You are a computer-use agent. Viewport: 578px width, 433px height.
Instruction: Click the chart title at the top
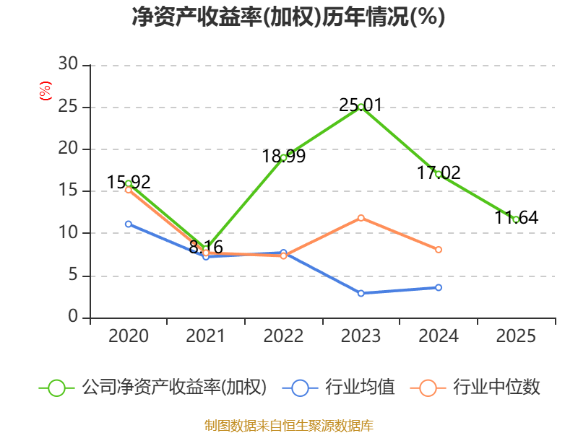(x=288, y=17)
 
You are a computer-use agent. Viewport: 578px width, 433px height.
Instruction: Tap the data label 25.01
(x=361, y=105)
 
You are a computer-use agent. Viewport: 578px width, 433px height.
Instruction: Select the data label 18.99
(x=283, y=156)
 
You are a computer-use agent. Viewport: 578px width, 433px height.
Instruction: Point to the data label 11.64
(x=516, y=217)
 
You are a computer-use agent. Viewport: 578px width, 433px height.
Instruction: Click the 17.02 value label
(x=439, y=172)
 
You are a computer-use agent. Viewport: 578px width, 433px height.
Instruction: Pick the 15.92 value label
(x=129, y=183)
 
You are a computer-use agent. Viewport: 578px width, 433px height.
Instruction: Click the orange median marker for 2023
(x=361, y=219)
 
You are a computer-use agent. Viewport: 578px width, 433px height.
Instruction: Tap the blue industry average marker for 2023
(x=361, y=293)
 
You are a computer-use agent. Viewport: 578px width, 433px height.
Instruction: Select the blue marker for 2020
(x=129, y=224)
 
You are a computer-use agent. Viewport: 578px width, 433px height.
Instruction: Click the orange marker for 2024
(x=439, y=250)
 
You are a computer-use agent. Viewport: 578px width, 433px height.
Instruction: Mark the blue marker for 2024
(x=439, y=287)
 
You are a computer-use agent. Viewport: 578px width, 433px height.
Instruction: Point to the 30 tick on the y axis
(x=68, y=64)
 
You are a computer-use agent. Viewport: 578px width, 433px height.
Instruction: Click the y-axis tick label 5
(x=73, y=275)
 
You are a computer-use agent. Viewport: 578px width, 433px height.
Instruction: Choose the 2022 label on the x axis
(x=283, y=336)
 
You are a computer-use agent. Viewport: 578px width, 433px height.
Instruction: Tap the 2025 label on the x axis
(x=516, y=336)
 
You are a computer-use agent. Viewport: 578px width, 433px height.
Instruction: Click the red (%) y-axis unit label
(x=46, y=91)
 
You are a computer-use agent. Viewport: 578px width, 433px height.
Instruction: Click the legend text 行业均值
(x=360, y=388)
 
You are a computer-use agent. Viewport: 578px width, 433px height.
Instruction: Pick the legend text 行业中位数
(x=496, y=388)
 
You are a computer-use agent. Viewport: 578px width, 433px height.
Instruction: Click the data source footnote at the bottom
(x=288, y=426)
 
